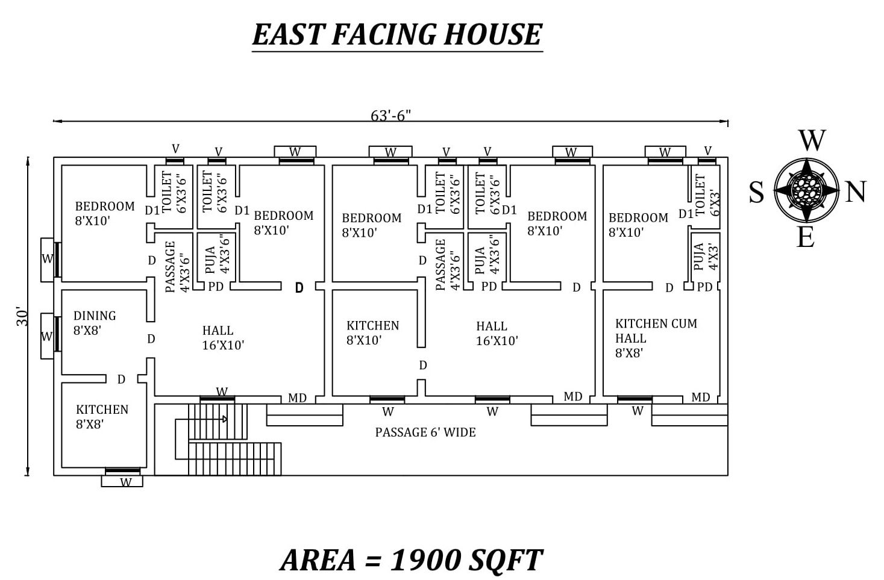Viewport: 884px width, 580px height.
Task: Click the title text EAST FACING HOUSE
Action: [x=397, y=34]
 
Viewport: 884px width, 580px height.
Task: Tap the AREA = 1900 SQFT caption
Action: [x=411, y=560]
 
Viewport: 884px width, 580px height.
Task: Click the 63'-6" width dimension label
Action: [x=390, y=115]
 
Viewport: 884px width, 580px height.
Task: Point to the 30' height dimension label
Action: [x=22, y=317]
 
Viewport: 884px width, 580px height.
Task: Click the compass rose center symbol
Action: [x=806, y=190]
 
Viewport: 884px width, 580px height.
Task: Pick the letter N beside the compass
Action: [x=855, y=192]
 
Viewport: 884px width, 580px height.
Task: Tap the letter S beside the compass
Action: [x=756, y=193]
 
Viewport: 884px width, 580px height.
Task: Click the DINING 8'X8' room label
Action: [x=94, y=323]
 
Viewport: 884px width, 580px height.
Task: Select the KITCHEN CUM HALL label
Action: [x=656, y=338]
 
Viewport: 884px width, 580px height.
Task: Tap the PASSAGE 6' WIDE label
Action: [x=425, y=432]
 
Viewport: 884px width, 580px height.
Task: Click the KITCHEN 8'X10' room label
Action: [x=372, y=332]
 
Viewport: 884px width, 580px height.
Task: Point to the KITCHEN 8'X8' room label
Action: [x=101, y=416]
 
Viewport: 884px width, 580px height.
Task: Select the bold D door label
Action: [x=299, y=288]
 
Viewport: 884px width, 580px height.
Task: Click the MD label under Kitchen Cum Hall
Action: [x=700, y=398]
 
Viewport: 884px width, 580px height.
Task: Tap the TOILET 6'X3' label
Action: [x=707, y=195]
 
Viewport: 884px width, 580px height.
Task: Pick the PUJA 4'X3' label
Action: [x=706, y=257]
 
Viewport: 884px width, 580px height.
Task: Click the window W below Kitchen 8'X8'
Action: [x=125, y=482]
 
